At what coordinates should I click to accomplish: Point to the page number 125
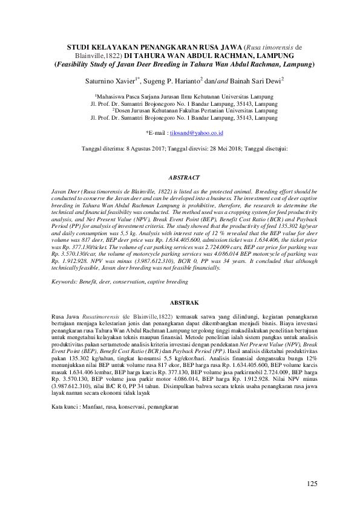312,483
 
